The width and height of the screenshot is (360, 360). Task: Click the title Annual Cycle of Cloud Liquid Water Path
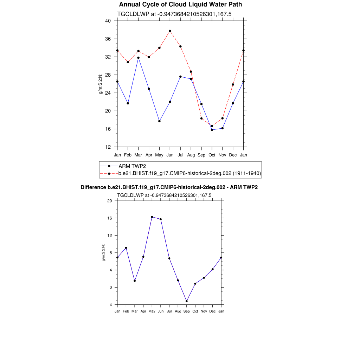tap(180, 5)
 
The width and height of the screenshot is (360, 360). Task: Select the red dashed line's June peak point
tap(170, 31)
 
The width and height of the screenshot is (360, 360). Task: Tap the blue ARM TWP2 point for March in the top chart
tap(139, 58)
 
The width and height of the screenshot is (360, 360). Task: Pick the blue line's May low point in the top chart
tap(159, 121)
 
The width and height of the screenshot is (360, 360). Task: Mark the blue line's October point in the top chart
tap(212, 130)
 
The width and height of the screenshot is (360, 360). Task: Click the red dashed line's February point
tap(128, 62)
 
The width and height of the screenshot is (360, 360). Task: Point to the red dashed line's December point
tap(233, 84)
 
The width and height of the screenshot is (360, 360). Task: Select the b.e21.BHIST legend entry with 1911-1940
tap(189, 173)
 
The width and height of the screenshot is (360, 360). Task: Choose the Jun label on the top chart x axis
tap(170, 155)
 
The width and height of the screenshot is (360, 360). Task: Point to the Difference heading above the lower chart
tap(169, 187)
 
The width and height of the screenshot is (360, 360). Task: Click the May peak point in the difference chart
tap(152, 217)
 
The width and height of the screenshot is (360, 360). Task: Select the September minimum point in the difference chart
tap(187, 301)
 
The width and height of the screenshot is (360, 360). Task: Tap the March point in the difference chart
tap(135, 281)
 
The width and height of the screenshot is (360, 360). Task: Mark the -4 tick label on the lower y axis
tap(109, 305)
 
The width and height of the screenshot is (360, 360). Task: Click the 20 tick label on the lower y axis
tap(109, 201)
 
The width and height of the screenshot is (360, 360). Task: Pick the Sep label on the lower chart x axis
tap(187, 311)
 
